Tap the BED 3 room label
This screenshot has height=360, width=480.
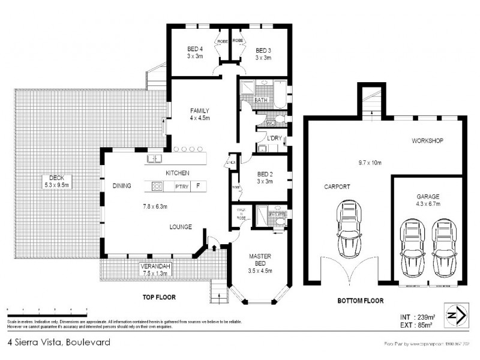pyautogui.click(x=263, y=50)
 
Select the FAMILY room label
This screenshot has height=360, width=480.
pyautogui.click(x=199, y=111)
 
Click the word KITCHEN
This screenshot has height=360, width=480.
pyautogui.click(x=178, y=173)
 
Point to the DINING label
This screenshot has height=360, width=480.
pyautogui.click(x=122, y=186)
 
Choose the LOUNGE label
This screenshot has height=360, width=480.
pyautogui.click(x=180, y=227)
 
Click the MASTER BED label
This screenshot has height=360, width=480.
pyautogui.click(x=260, y=260)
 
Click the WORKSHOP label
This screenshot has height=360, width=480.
pyautogui.click(x=427, y=141)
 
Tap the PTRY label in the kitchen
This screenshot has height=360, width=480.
pyautogui.click(x=182, y=187)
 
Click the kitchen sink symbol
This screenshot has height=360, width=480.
pyautogui.click(x=155, y=159)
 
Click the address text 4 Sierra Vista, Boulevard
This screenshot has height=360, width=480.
pyautogui.click(x=58, y=343)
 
